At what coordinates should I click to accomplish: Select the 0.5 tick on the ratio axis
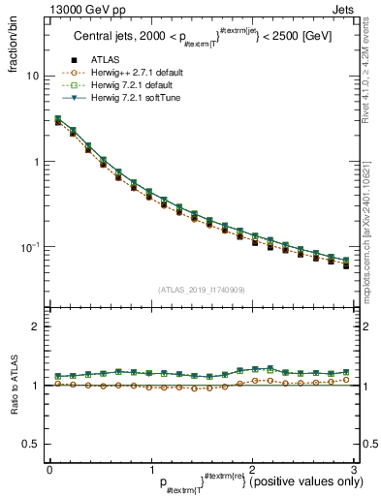(32, 444)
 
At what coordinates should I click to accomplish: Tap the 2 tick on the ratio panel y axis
(37, 326)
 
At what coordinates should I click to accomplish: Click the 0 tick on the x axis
(49, 470)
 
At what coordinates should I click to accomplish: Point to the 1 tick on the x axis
(150, 470)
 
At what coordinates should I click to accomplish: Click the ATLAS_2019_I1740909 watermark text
(201, 290)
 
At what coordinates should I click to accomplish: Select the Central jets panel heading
(202, 39)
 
